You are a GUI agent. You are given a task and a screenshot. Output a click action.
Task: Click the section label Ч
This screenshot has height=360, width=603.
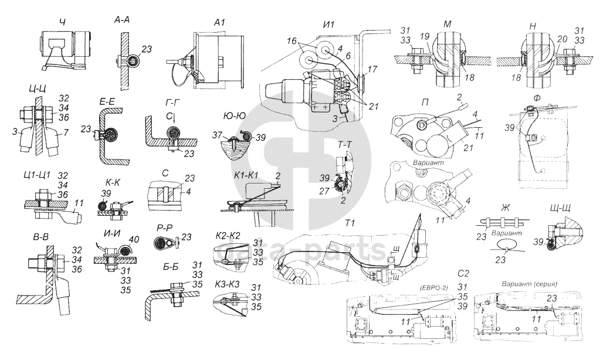coord(62,22)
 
